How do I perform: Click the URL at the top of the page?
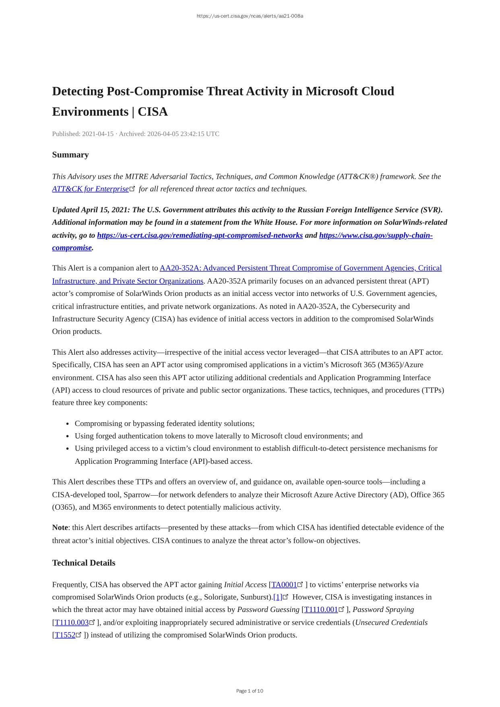[250, 16]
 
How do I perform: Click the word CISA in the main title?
[153, 112]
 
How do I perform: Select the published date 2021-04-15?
[98, 134]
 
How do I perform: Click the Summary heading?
[70, 155]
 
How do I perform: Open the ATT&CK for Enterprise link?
[90, 189]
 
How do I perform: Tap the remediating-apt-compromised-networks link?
[200, 235]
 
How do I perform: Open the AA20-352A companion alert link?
[300, 268]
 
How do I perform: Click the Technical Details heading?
[84, 563]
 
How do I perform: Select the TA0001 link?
[284, 585]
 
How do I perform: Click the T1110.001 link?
[321, 610]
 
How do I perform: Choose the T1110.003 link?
[72, 622]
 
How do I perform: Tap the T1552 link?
[65, 635]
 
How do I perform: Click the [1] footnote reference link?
[278, 597]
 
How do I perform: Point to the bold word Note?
[60, 527]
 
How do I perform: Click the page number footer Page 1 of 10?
[250, 691]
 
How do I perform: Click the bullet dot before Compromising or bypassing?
[68, 424]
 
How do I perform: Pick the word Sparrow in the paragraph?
[136, 494]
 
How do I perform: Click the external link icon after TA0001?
[300, 585]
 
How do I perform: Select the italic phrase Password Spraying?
[383, 610]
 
